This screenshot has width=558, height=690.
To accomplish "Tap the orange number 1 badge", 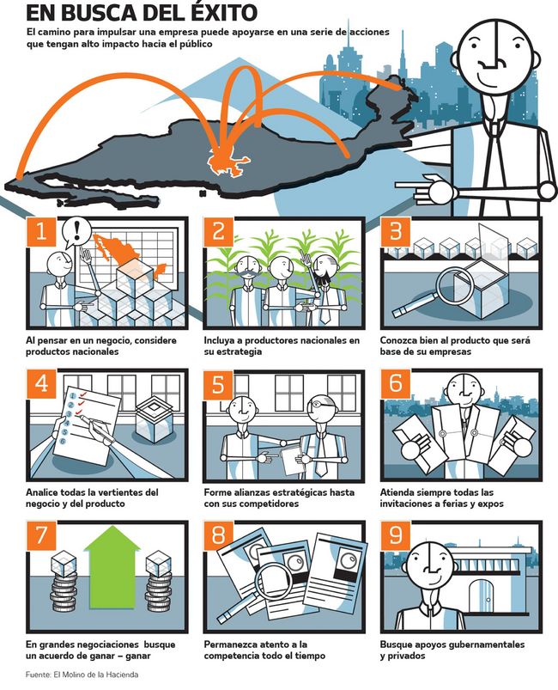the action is pos(41,231).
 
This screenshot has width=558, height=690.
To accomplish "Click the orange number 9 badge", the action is pos(396,535).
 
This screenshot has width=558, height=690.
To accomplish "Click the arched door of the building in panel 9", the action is pos(482,596).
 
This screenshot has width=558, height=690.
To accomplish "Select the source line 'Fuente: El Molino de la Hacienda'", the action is pos(82,675).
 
